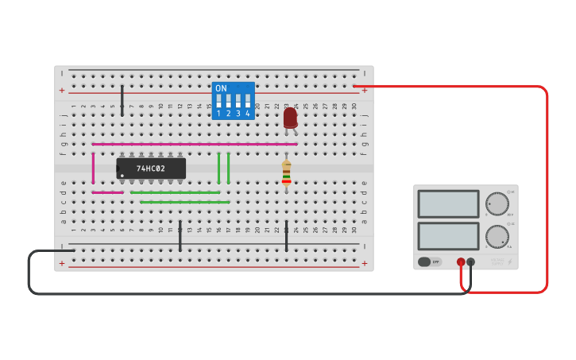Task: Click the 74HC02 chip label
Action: click(151, 168)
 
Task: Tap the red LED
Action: click(290, 118)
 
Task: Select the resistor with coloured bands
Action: click(286, 172)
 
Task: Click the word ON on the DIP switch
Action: click(221, 88)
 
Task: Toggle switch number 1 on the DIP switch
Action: click(218, 102)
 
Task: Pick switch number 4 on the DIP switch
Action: click(248, 102)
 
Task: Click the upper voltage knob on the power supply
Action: click(497, 203)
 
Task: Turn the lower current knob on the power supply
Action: click(497, 236)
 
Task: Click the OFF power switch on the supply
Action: click(429, 261)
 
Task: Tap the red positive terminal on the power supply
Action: click(461, 261)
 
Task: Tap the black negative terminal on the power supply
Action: click(471, 261)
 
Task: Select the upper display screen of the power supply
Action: click(448, 203)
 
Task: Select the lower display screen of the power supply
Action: click(448, 236)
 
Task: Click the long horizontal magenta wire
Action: click(194, 144)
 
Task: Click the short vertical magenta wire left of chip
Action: click(93, 168)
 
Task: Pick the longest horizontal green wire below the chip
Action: click(184, 202)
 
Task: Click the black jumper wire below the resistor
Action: click(286, 236)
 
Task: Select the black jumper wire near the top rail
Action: click(122, 101)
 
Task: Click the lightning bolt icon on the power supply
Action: click(509, 261)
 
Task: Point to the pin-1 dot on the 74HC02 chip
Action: click(122, 175)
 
